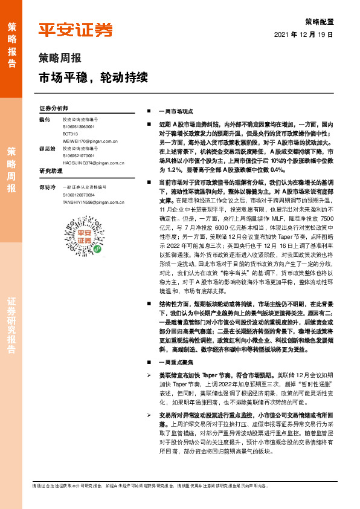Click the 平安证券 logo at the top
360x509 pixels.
coord(76,30)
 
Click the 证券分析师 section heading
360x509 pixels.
coord(53,108)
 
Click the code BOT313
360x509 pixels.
coord(71,132)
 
